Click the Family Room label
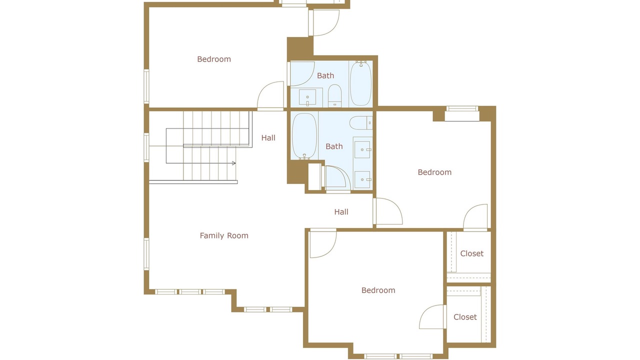(224, 235)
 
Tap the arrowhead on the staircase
(233, 163)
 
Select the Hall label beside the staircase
(268, 137)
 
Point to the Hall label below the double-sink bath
(341, 211)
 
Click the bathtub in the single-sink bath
(361, 83)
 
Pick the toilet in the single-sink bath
(334, 95)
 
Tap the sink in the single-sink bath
(307, 97)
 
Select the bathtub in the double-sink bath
(304, 135)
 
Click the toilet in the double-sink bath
(361, 123)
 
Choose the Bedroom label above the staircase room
(214, 59)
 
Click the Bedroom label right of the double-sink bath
(434, 172)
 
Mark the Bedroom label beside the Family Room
(378, 290)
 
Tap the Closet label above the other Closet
(471, 253)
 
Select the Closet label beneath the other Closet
(465, 317)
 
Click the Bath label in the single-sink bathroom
(325, 75)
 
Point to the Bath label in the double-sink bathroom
(334, 146)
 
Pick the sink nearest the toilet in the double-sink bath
(362, 149)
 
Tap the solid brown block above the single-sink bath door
(300, 48)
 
